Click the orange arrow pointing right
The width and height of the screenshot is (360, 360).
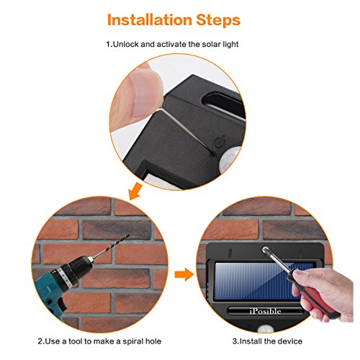tap(182, 274)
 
